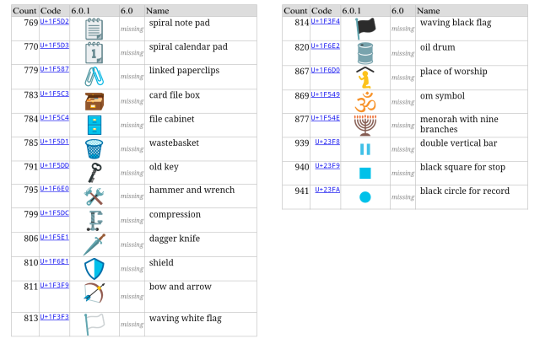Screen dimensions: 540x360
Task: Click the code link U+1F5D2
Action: coord(54,21)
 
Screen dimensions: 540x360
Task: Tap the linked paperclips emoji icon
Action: coord(94,77)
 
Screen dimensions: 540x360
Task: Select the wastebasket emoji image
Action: coord(94,148)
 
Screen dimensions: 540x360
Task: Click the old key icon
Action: coord(94,173)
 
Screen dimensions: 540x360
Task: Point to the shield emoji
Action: coord(94,268)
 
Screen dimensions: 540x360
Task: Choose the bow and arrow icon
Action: coord(94,293)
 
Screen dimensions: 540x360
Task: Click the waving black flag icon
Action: coord(365,29)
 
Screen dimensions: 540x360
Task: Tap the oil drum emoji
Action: coord(365,53)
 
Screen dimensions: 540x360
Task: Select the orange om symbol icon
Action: coord(365,102)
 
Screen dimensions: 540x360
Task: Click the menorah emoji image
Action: coord(365,126)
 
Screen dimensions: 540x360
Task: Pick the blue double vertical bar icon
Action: coord(365,149)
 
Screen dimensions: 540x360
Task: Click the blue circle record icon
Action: coord(365,197)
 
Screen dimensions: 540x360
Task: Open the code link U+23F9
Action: coord(327,165)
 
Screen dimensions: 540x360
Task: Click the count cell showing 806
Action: coord(31,239)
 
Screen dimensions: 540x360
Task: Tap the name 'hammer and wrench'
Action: coord(192,190)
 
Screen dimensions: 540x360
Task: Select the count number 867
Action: coord(302,72)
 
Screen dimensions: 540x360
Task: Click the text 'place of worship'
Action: coord(454,72)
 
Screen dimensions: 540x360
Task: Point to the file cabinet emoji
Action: coord(94,125)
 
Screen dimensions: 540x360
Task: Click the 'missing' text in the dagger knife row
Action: coord(132,244)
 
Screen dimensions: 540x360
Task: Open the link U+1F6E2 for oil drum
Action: coord(326,46)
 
